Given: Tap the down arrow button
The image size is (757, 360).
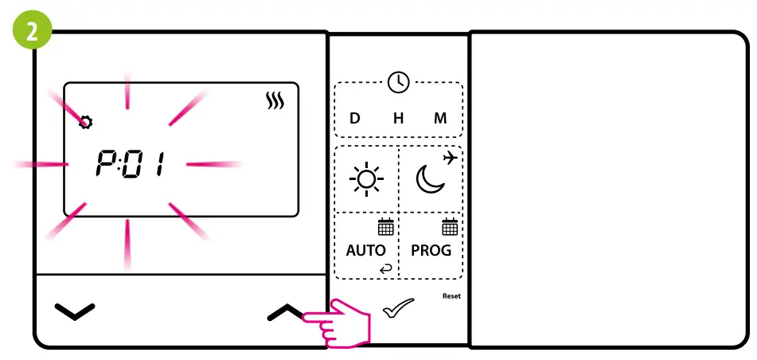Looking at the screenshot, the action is click(x=75, y=311).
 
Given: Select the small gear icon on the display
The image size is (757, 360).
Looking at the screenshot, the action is click(x=85, y=122).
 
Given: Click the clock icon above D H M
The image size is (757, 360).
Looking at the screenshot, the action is click(x=398, y=81).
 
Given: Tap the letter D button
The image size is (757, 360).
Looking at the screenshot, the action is click(x=355, y=119).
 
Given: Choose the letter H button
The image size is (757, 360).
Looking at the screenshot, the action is click(x=398, y=119).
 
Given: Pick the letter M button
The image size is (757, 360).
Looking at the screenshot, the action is click(x=440, y=119).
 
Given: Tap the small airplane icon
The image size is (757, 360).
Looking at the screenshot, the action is click(x=450, y=158).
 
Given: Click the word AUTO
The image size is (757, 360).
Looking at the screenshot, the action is click(x=366, y=250).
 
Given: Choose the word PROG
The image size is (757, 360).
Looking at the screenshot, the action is click(x=431, y=250).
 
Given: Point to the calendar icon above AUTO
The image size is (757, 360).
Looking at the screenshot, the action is click(x=385, y=227).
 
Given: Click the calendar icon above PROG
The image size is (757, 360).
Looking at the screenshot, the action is click(x=450, y=227).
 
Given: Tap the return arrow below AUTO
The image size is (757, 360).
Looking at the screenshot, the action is click(x=386, y=269).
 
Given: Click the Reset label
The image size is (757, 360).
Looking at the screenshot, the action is click(x=451, y=296).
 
